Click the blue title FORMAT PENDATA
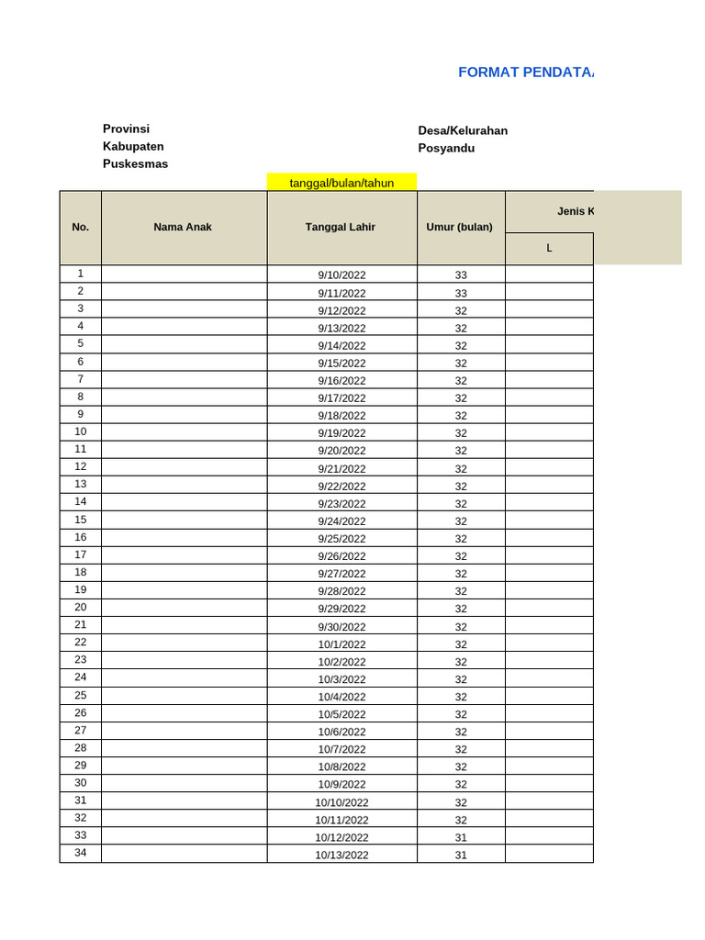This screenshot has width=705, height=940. tap(525, 73)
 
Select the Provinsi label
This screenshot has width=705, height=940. tap(126, 129)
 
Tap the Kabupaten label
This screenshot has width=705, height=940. tap(133, 147)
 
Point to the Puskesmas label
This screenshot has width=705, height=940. tap(135, 164)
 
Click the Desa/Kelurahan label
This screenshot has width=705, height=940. tap(463, 130)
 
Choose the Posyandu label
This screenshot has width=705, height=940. tap(446, 148)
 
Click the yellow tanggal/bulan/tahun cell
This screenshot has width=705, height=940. tap(341, 183)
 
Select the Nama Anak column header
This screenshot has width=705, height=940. tap(183, 228)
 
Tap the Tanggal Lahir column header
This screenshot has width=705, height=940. tap(341, 228)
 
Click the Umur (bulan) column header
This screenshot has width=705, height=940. tap(460, 228)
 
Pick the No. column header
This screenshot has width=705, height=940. tap(80, 228)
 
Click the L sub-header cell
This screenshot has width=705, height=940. tap(549, 249)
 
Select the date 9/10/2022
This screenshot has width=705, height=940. tap(341, 275)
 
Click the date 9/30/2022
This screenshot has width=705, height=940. tap(341, 627)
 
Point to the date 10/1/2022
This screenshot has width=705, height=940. tap(341, 644)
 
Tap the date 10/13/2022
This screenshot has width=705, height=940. tap(341, 856)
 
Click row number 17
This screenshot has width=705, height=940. tap(80, 555)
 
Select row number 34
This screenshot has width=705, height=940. tap(80, 854)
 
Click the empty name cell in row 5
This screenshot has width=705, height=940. tap(184, 345)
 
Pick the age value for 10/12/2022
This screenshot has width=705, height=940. tap(461, 837)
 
